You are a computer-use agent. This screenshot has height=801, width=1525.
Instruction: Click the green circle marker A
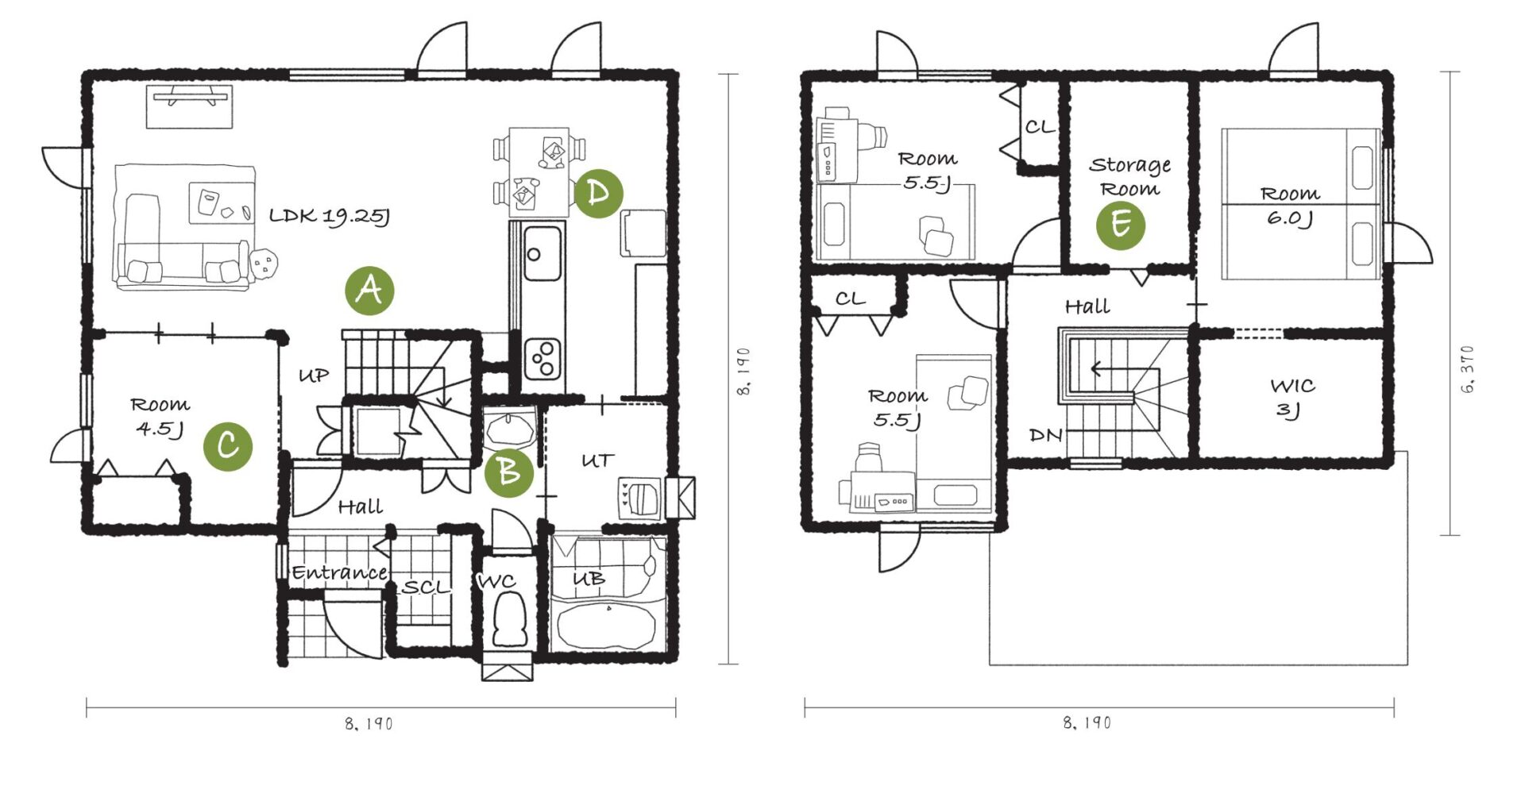369,291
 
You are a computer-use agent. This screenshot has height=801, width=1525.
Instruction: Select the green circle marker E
1121,225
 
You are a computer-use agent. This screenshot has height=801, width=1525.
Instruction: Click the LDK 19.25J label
329,216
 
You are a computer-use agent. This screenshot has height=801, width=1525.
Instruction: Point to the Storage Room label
1129,177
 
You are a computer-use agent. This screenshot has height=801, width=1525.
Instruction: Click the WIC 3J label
1292,398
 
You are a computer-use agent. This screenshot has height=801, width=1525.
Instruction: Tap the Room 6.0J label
1290,205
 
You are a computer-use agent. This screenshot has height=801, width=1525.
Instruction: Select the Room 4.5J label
160,417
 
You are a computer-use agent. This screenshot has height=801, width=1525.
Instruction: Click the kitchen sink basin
542,253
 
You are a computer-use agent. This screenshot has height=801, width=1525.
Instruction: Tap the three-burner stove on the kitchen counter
544,358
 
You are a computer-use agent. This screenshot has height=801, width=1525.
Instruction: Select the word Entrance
339,572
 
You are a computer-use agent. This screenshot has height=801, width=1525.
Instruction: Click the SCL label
427,587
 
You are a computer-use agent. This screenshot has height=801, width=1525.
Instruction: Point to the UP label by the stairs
314,375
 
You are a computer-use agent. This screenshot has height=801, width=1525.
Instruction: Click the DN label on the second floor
1045,435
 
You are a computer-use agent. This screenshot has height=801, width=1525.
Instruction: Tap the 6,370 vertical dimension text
1467,370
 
